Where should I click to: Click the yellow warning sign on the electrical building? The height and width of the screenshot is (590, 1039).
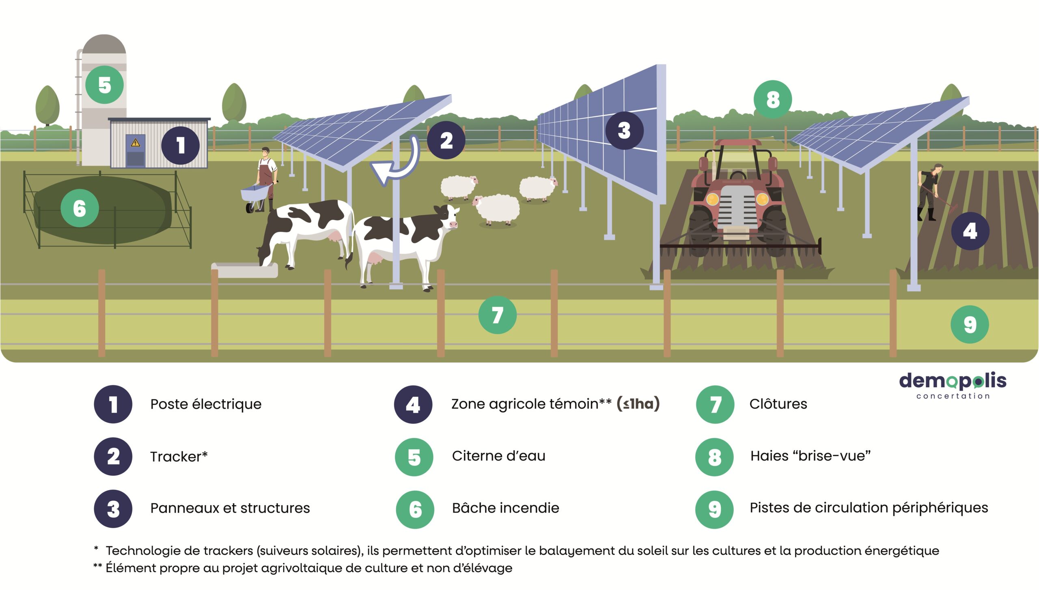click(x=135, y=143)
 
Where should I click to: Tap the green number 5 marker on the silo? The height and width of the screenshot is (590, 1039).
click(x=105, y=85)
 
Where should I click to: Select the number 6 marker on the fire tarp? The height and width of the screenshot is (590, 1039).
click(x=80, y=208)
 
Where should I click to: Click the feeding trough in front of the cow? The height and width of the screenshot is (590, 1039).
click(x=244, y=270)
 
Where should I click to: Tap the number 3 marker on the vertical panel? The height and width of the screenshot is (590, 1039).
click(x=624, y=131)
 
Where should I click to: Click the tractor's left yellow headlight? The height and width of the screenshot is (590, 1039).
click(x=713, y=199)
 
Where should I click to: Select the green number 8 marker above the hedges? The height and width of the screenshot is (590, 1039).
click(x=773, y=99)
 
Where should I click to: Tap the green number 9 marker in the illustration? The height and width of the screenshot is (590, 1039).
click(x=970, y=324)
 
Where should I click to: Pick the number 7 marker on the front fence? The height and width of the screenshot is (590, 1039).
click(x=497, y=315)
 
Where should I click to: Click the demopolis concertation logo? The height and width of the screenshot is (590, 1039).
click(x=953, y=386)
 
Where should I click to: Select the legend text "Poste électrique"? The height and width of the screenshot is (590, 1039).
click(x=206, y=404)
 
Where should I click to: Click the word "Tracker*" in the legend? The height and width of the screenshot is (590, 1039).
click(x=179, y=457)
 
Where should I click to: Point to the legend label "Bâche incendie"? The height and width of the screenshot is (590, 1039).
click(x=505, y=508)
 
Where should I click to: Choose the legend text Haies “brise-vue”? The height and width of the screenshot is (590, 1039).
click(x=810, y=456)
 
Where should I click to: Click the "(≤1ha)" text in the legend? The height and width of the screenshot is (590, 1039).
click(x=638, y=404)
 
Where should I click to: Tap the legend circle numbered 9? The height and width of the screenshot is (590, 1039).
click(x=714, y=509)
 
